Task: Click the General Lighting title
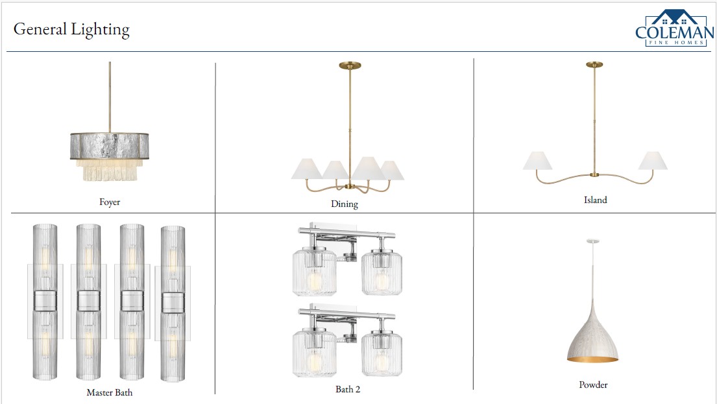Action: click(x=71, y=29)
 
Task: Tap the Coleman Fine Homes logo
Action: click(x=674, y=29)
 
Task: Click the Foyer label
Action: click(x=110, y=202)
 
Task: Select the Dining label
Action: click(x=345, y=204)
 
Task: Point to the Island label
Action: click(x=596, y=200)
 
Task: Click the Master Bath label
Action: click(x=110, y=392)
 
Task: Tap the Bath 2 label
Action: click(x=348, y=389)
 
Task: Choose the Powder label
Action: click(x=593, y=385)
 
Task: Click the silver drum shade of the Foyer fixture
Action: click(x=110, y=146)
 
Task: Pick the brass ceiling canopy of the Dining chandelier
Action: click(x=350, y=65)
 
